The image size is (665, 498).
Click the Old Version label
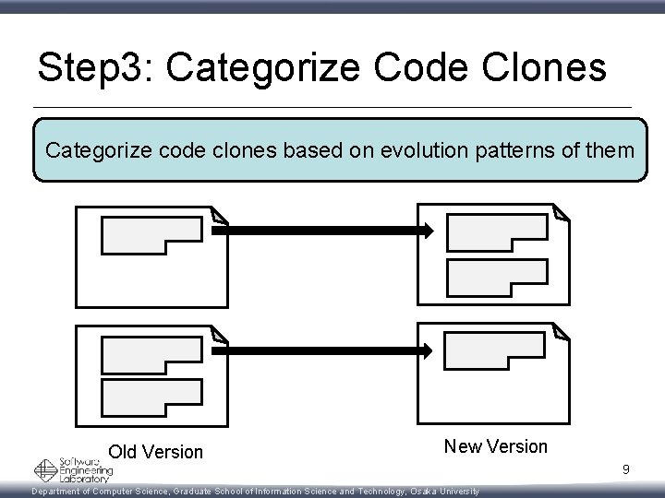(x=155, y=452)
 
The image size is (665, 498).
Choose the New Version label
(x=495, y=446)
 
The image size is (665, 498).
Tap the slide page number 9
(x=625, y=470)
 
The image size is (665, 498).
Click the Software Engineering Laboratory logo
(x=74, y=470)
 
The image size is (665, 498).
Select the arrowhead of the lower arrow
(x=425, y=350)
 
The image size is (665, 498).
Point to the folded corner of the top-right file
(x=561, y=212)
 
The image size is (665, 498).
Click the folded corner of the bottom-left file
(x=217, y=333)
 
